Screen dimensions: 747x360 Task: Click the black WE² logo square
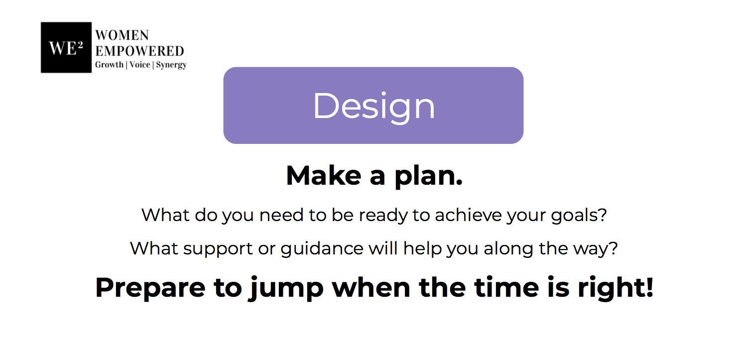point(66,47)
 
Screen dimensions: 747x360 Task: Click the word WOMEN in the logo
point(122,35)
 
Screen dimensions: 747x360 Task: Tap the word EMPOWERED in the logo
point(139,51)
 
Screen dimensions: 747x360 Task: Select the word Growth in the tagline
point(109,64)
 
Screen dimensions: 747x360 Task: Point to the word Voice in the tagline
point(140,64)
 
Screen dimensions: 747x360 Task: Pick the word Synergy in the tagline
point(171,65)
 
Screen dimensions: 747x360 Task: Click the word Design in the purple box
point(374,107)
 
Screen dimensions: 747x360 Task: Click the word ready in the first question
point(383,216)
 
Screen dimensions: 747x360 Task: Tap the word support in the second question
point(218,249)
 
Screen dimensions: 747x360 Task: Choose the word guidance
point(322,249)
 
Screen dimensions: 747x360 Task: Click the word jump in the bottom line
point(286,289)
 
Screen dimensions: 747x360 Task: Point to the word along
point(508,249)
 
